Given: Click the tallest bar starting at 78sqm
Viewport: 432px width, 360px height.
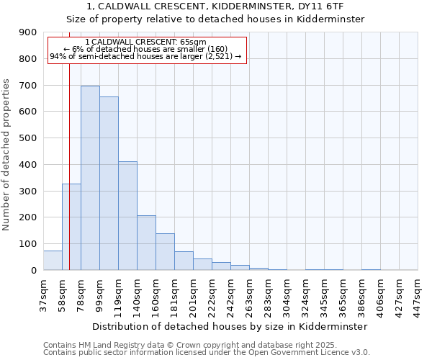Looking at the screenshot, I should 90,178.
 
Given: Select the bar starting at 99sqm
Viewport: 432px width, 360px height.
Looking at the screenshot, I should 109,183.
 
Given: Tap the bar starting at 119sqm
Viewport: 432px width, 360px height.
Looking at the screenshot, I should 127,215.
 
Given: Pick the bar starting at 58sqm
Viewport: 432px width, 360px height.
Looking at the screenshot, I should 71,227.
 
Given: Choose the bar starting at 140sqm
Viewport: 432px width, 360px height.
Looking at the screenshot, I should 146,243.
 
